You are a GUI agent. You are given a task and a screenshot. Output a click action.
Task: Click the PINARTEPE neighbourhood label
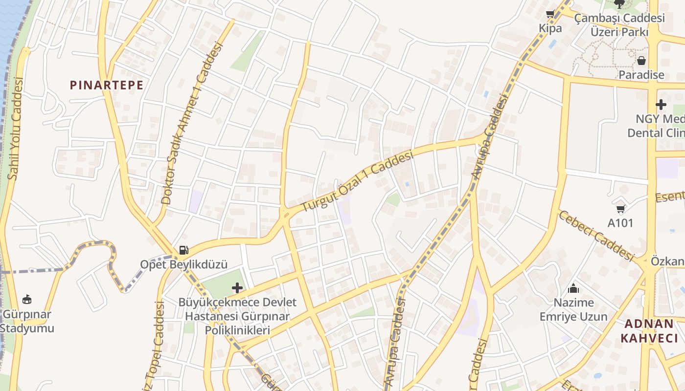[107, 85]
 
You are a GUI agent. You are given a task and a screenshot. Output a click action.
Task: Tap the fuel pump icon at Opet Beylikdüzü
[183, 250]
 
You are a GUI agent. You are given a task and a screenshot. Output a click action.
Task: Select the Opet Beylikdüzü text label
[184, 264]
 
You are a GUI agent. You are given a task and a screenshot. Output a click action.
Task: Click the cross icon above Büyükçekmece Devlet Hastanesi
[237, 288]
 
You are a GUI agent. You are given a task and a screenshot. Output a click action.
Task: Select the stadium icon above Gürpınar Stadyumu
[27, 299]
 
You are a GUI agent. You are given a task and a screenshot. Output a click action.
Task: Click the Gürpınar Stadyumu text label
[27, 321]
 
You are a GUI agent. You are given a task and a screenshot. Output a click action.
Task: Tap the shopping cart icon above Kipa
[550, 14]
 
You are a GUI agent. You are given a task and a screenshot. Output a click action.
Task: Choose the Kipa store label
[550, 28]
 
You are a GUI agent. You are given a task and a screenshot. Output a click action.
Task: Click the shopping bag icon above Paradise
[641, 61]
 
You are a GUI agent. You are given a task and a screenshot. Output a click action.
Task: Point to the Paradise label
[641, 75]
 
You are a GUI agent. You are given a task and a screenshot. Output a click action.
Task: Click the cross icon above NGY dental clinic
[661, 104]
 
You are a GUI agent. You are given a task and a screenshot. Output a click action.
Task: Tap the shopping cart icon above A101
[620, 209]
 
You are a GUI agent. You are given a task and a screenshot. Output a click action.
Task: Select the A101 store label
[620, 223]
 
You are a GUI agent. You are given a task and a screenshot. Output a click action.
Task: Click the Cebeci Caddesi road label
[596, 235]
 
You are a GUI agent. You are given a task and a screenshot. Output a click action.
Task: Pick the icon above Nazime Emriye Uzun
[573, 288]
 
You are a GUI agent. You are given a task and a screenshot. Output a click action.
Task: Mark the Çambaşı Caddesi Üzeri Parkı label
[619, 25]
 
